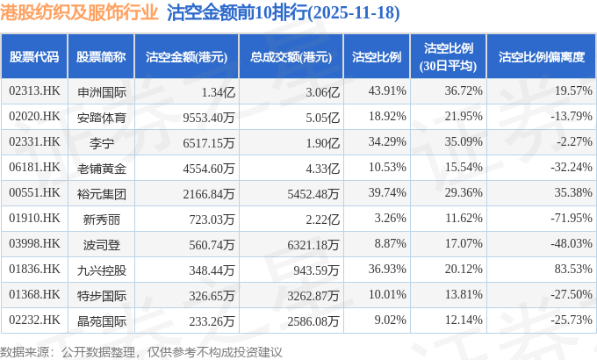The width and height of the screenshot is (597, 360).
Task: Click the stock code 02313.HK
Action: [33, 90]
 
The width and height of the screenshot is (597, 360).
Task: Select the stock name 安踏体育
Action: [102, 116]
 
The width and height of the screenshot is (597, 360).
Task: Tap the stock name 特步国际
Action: [102, 294]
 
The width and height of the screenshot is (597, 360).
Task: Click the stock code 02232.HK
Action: [33, 320]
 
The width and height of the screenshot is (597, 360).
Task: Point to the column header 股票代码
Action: [33, 57]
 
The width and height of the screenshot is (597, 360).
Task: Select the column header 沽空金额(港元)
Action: [187, 57]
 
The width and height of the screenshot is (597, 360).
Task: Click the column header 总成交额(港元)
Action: [291, 57]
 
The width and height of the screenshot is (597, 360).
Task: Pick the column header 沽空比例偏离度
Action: [542, 57]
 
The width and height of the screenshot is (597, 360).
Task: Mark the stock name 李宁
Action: [102, 141]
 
